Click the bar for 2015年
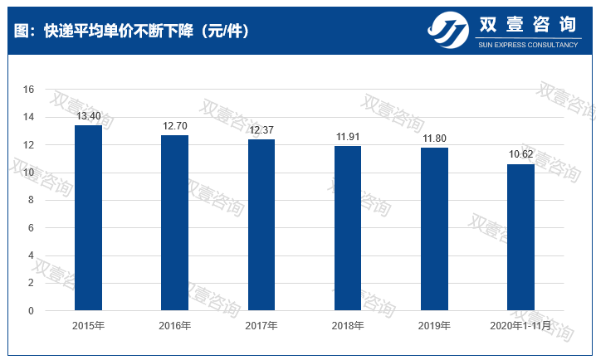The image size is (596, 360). (88, 218)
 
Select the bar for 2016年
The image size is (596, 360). (174, 223)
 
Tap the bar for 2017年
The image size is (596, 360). (261, 226)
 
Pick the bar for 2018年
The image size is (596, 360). (348, 229)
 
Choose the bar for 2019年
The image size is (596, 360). (434, 230)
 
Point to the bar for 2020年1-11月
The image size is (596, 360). (520, 238)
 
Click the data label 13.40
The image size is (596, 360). (88, 116)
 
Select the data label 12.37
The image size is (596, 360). (261, 130)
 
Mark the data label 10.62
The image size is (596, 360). (520, 155)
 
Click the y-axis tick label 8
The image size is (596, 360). (31, 200)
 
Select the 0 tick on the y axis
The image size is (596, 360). (31, 311)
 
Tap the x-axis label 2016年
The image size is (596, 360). (174, 326)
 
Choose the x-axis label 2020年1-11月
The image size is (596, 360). (520, 326)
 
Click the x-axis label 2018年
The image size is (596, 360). (348, 326)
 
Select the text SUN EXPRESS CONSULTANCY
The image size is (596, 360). (528, 45)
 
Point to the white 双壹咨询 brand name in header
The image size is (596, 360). (528, 26)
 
